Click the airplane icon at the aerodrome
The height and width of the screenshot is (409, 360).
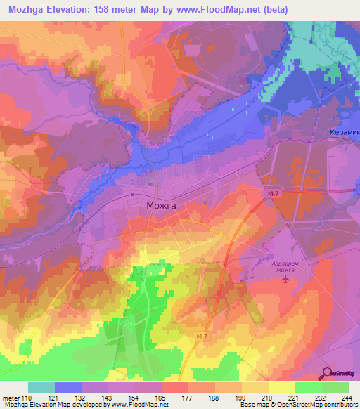pos(285,280)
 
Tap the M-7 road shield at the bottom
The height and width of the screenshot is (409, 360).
pos(202,337)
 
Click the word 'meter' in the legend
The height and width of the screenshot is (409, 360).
pos(10,398)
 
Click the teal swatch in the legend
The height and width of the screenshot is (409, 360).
pos(41,387)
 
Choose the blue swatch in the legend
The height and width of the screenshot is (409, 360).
pos(68,387)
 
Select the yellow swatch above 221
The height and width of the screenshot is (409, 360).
pos(281,387)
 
